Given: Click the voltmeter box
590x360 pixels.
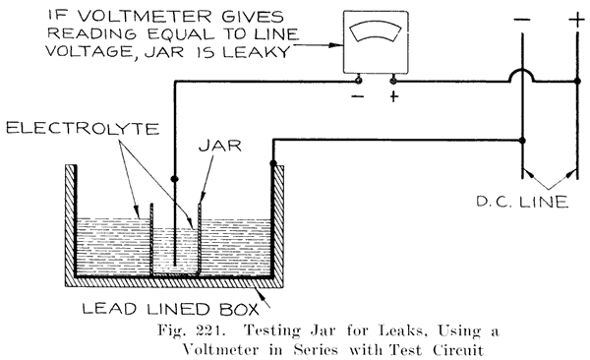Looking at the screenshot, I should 378,45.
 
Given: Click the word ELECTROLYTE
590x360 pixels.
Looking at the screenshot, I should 63,130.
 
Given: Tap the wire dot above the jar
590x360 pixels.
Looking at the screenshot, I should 175,179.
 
